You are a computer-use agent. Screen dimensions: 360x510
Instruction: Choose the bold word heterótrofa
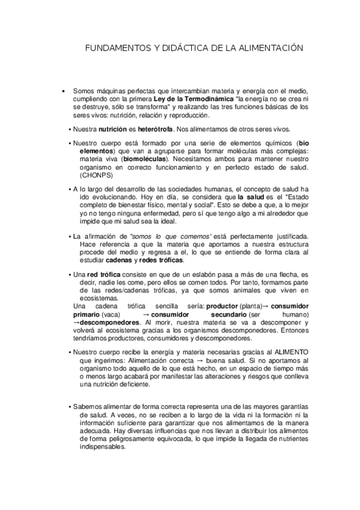coord(154,129)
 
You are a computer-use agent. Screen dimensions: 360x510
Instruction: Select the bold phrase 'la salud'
coord(251,197)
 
